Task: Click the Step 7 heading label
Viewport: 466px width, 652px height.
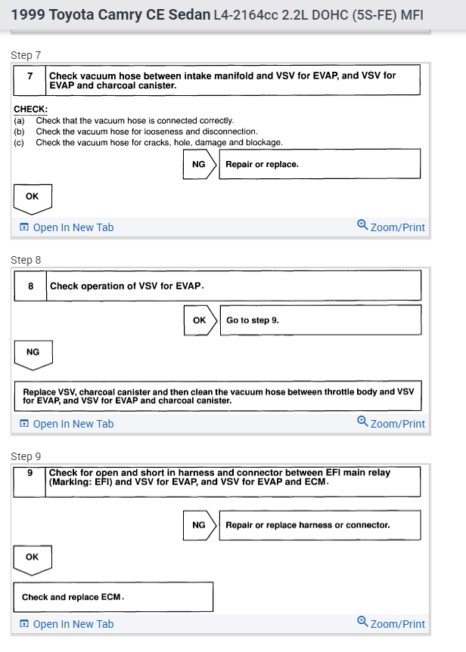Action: tap(26, 55)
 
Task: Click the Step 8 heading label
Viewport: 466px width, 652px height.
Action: tap(26, 260)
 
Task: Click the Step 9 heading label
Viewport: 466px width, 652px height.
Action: tap(26, 456)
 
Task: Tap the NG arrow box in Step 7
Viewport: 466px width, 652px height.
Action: tap(199, 164)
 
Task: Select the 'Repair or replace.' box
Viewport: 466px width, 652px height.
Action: tap(318, 164)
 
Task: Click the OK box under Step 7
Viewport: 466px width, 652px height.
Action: tap(32, 196)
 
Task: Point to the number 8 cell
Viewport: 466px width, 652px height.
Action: tap(30, 286)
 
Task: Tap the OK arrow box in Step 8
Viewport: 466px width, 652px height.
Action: tap(199, 320)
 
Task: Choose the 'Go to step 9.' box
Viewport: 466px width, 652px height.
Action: tap(319, 320)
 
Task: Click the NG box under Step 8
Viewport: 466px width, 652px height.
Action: tap(33, 352)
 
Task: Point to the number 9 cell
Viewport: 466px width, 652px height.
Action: tap(30, 474)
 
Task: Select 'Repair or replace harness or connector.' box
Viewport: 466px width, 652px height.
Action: tap(318, 525)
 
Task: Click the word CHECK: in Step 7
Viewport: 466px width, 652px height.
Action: tap(30, 110)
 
